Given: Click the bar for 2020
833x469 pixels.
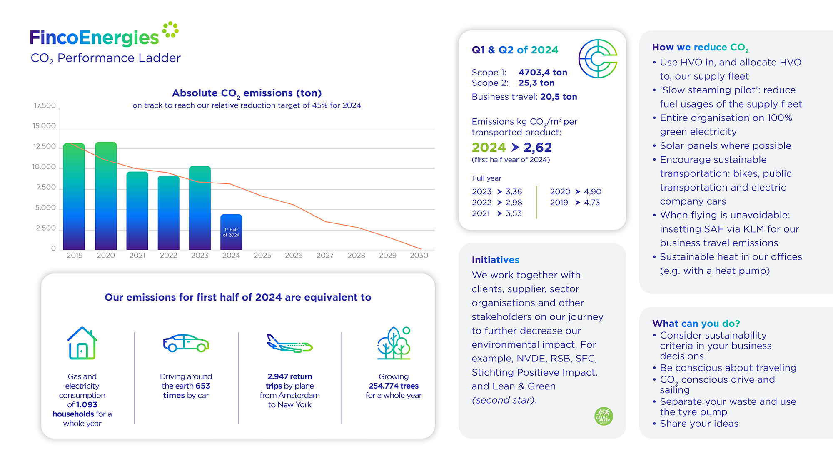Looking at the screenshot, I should (106, 196).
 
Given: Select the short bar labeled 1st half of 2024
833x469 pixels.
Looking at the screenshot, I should (231, 232).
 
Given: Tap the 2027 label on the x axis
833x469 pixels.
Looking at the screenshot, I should (325, 255).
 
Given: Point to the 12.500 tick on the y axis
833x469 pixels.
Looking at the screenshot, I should (44, 146).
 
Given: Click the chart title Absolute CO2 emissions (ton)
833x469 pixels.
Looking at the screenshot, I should (247, 93).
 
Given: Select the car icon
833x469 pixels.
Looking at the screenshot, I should (186, 343).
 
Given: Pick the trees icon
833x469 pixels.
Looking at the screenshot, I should (394, 343).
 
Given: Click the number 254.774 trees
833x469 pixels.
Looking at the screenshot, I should (394, 386).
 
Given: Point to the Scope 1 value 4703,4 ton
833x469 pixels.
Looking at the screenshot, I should (543, 73).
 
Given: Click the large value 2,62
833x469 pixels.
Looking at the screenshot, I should (537, 147).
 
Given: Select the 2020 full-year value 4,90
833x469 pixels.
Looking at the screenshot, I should (592, 192).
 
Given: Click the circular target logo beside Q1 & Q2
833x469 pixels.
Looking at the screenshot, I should (598, 59).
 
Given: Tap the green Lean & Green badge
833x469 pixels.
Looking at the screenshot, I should (604, 416).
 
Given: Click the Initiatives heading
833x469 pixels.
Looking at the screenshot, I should (495, 260).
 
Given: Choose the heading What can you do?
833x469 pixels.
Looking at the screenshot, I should (696, 324).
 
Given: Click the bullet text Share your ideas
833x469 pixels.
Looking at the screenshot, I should (699, 424).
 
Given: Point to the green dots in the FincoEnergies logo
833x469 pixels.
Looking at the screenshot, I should (170, 30).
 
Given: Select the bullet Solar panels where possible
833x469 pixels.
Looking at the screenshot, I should (725, 146).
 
